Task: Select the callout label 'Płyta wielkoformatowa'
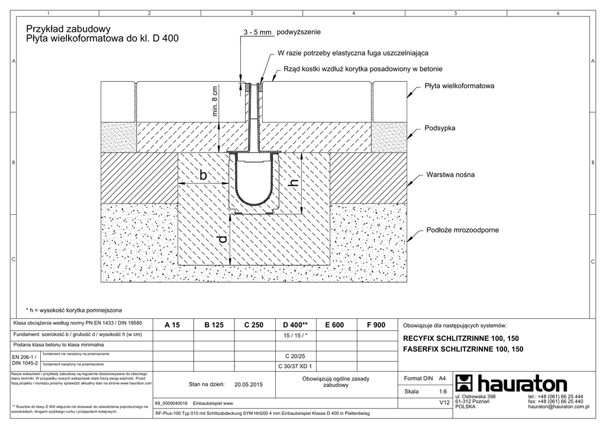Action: tap(459, 86)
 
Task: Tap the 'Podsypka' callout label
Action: tap(440, 128)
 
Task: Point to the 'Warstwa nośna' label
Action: tap(450, 175)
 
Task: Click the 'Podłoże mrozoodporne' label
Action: tap(462, 230)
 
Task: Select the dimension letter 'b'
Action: tap(203, 176)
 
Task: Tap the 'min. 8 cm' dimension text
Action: tap(215, 102)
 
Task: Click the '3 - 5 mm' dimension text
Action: tap(257, 33)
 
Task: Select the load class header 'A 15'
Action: tap(172, 325)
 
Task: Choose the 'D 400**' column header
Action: tap(295, 325)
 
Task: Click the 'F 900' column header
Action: tap(376, 325)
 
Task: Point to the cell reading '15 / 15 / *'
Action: tap(296, 335)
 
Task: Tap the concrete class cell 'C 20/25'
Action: tap(294, 357)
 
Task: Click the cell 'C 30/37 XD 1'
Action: tap(295, 366)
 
